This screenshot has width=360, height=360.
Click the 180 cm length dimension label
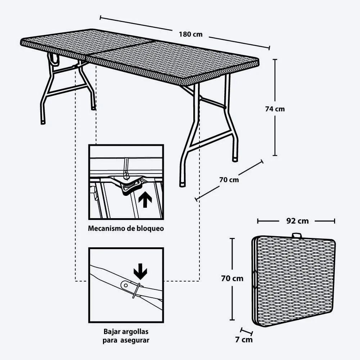click(190, 35)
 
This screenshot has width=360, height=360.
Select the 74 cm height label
click(275, 109)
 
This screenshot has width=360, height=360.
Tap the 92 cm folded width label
click(297, 221)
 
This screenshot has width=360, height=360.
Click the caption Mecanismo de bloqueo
click(126, 228)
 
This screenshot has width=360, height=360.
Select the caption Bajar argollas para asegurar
click(126, 336)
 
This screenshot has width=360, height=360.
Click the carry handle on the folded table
click(297, 235)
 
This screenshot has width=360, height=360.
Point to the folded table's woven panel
click(295, 281)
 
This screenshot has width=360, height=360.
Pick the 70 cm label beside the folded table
click(232, 278)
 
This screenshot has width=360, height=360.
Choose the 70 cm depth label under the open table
click(229, 179)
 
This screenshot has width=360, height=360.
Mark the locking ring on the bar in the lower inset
click(136, 290)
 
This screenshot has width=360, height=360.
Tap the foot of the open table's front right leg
click(183, 184)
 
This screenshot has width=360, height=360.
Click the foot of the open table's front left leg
click(43, 122)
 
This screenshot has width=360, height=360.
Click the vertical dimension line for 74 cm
click(275, 83)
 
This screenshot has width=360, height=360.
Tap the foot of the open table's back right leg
click(235, 159)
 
